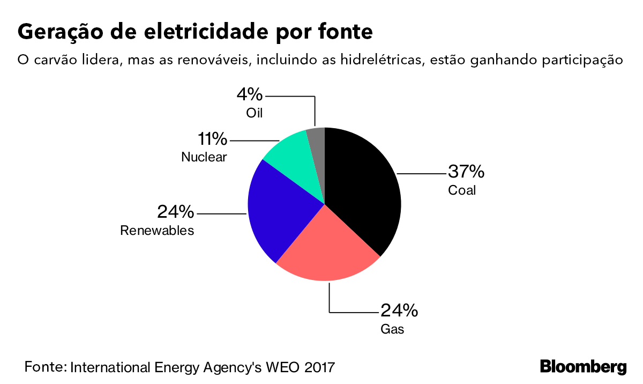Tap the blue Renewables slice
pyautogui.click(x=279, y=209)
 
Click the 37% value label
pyautogui.click(x=466, y=172)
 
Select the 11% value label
pyautogui.click(x=212, y=139)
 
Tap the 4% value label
pyautogui.click(x=250, y=95)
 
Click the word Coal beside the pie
pyautogui.click(x=462, y=190)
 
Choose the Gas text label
pyautogui.click(x=392, y=329)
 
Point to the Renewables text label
pyautogui.click(x=157, y=231)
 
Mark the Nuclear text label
pyautogui.click(x=204, y=157)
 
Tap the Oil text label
pyautogui.click(x=255, y=113)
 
